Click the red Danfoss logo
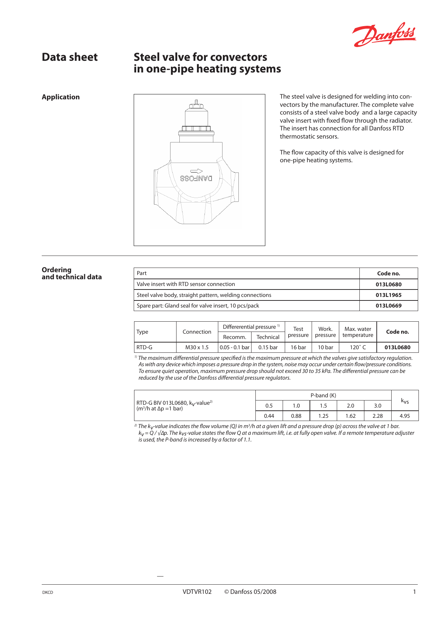tap(384, 35)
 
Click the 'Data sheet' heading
tap(70, 57)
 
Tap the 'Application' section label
tap(60, 97)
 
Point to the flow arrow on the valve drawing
tap(196, 171)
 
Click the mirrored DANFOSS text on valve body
tap(196, 179)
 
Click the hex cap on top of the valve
tap(196, 105)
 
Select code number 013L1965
tap(388, 295)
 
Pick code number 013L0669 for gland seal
tap(388, 306)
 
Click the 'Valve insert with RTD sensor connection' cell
tap(186, 284)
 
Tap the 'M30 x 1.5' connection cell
tap(197, 347)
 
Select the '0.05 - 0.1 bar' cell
tap(235, 347)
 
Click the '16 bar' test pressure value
tap(298, 347)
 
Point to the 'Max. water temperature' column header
tap(358, 332)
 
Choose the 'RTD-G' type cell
tap(144, 347)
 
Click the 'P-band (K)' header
tap(323, 396)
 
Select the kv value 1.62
tap(350, 416)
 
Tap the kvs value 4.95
tap(405, 416)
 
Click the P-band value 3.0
tap(377, 406)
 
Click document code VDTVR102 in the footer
tap(197, 592)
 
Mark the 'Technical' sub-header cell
tap(268, 337)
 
